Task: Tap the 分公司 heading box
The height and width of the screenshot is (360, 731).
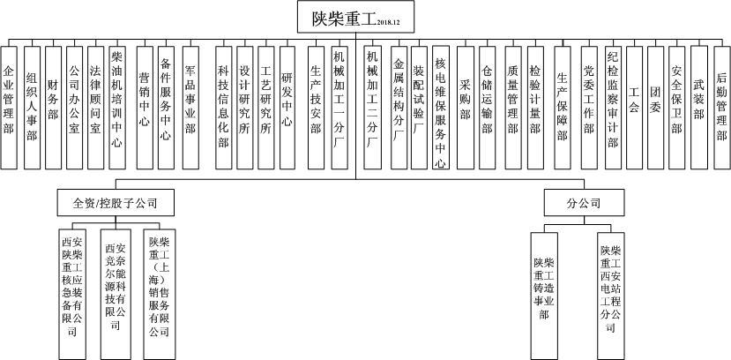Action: point(584,203)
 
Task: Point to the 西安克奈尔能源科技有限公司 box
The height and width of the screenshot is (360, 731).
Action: point(115,287)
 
